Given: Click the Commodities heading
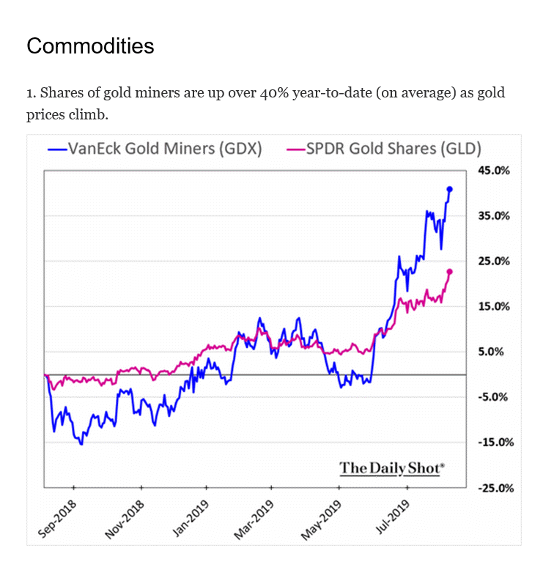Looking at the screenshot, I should coord(90,46).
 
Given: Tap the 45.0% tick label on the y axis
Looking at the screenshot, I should coord(493,170).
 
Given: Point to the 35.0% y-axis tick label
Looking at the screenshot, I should coord(493,215).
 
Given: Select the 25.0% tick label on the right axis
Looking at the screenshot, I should coord(493,261).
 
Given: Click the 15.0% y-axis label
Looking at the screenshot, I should coord(493,306).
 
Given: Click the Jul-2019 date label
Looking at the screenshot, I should coord(394,517).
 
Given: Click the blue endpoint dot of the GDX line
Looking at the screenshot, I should coord(449,189).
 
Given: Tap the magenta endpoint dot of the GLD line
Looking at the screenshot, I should coord(449,272).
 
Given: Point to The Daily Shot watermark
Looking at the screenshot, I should coord(392,467).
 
